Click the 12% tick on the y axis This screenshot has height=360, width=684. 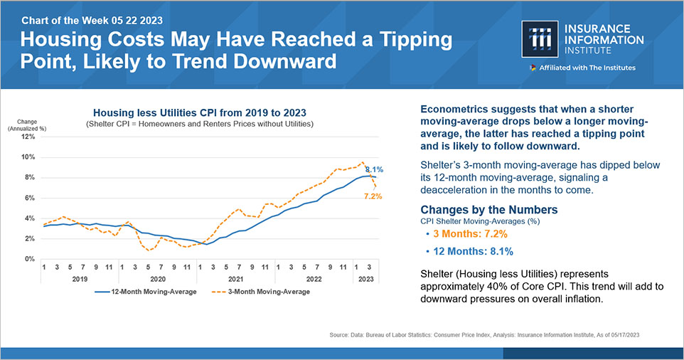(x=28, y=136)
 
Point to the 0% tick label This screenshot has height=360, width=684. (x=30, y=259)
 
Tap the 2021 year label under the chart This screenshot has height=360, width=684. (x=236, y=279)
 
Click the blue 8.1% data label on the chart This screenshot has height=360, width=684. (x=374, y=170)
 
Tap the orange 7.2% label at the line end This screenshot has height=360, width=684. (x=374, y=196)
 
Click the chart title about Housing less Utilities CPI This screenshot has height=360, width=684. (x=201, y=112)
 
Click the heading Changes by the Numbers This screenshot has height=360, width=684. (x=489, y=210)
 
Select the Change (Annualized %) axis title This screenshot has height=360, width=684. (x=23, y=125)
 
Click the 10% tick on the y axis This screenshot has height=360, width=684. (x=28, y=157)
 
